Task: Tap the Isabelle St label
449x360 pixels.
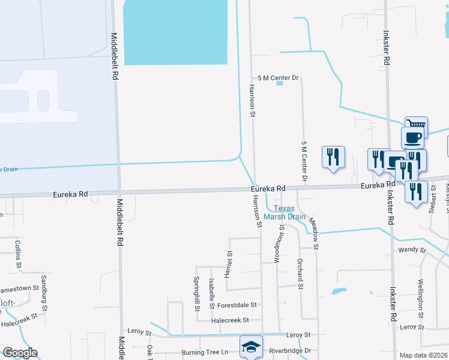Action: click(211, 293)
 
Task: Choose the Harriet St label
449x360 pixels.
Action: click(229, 265)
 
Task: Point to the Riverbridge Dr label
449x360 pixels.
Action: click(291, 350)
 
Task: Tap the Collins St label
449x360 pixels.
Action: click(18, 254)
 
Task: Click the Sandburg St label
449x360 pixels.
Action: click(43, 289)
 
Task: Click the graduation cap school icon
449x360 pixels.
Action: click(251, 346)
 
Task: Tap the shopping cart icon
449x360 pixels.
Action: click(416, 125)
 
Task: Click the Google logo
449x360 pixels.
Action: click(20, 352)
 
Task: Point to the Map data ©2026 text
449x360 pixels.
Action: click(423, 355)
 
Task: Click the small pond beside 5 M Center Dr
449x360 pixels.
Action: click(279, 83)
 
